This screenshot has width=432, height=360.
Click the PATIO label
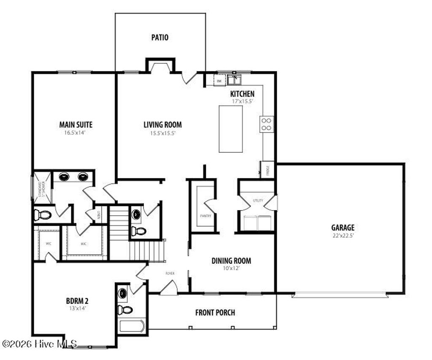(160, 38)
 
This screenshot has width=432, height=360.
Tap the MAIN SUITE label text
(76, 125)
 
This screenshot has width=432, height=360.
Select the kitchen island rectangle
(231, 129)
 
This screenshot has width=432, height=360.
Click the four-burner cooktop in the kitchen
(267, 124)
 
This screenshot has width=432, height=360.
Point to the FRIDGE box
(268, 170)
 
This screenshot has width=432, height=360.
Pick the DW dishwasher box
(219, 80)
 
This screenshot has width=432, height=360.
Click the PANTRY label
(205, 216)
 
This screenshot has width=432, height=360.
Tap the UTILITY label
(258, 200)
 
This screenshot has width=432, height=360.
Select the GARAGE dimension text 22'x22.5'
(342, 236)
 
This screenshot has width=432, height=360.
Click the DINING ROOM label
(231, 261)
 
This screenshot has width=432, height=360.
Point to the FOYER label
(170, 273)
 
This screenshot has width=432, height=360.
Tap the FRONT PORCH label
(215, 313)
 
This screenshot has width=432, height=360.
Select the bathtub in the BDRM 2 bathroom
(132, 326)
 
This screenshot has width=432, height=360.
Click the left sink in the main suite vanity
(64, 177)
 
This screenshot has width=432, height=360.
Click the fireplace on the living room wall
(160, 67)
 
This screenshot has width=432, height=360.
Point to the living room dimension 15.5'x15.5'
(162, 133)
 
